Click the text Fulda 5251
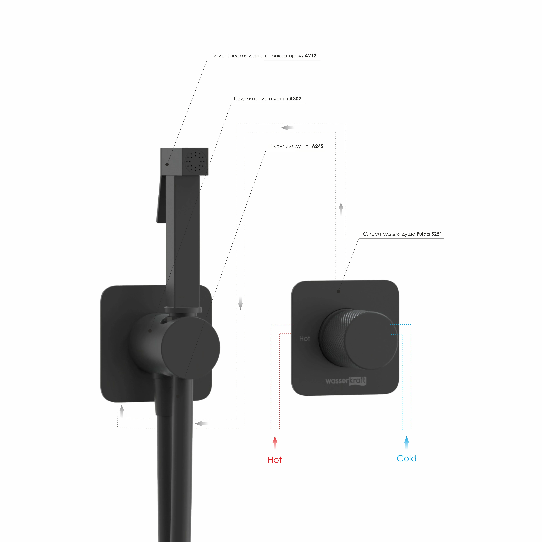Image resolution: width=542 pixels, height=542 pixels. click(429, 234)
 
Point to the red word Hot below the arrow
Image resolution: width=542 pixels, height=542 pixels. click(275, 460)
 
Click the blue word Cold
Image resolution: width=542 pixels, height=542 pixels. click(406, 458)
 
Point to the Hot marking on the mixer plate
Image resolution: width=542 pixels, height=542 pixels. click(304, 339)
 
